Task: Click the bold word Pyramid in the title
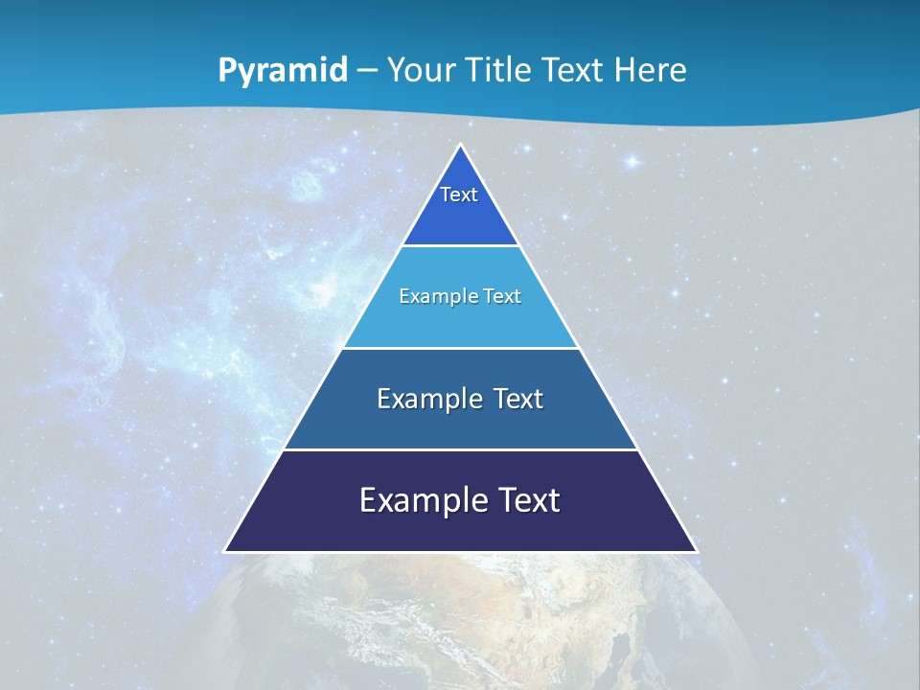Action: click(x=283, y=71)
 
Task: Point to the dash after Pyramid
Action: click(x=367, y=71)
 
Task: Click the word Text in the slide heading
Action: click(x=574, y=70)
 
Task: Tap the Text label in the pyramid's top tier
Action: click(x=459, y=195)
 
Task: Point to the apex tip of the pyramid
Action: click(x=461, y=147)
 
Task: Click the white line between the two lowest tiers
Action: click(x=461, y=449)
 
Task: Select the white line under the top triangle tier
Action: click(x=461, y=245)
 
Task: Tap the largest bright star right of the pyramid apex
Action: click(x=632, y=162)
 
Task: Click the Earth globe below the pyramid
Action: click(x=460, y=623)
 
